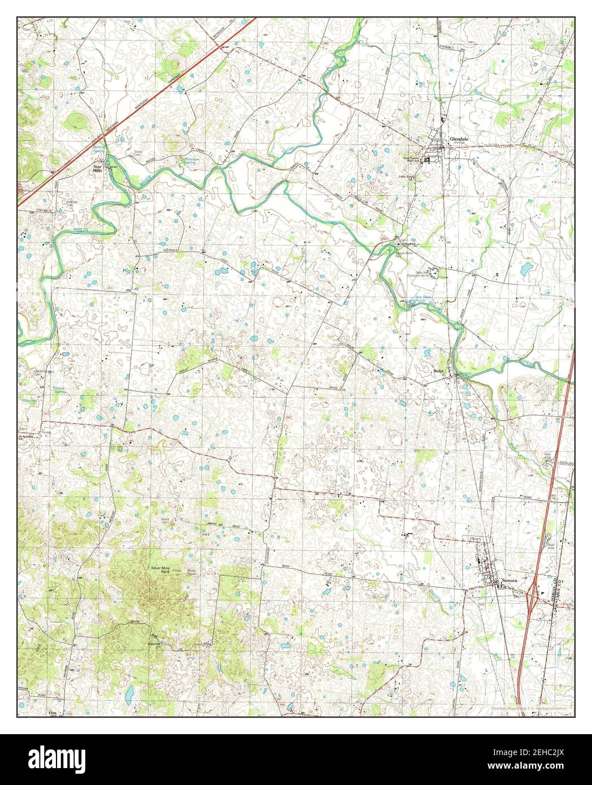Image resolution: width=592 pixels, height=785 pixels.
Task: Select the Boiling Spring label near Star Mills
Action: (99, 149)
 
